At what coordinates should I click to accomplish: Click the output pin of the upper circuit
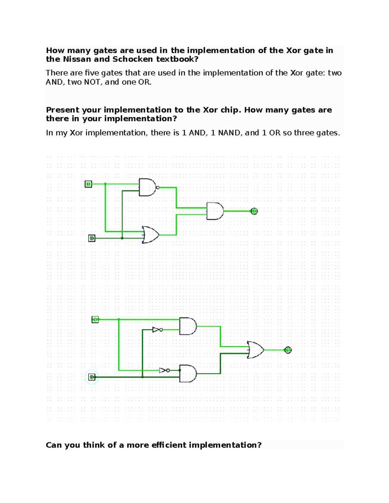pyautogui.click(x=254, y=211)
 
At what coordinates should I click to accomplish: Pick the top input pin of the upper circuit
pyautogui.click(x=88, y=184)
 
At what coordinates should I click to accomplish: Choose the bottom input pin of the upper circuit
pyautogui.click(x=92, y=238)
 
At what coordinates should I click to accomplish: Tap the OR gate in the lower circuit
pyautogui.click(x=256, y=350)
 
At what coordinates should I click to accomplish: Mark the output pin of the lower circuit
pyautogui.click(x=288, y=350)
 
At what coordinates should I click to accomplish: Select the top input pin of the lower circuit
pyautogui.click(x=95, y=320)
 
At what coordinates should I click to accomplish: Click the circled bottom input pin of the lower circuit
pyautogui.click(x=92, y=377)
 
